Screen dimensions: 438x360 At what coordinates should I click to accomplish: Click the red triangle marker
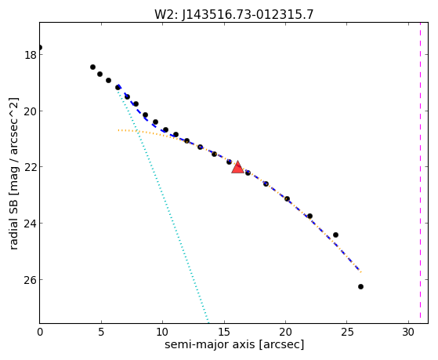(237, 168)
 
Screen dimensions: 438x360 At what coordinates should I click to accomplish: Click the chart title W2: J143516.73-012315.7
(234, 14)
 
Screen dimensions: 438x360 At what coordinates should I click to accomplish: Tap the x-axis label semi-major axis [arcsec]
(234, 344)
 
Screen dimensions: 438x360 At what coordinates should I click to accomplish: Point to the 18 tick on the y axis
(31, 55)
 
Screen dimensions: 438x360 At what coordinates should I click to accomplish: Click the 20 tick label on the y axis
(31, 111)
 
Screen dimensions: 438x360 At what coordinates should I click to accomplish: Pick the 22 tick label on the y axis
(31, 167)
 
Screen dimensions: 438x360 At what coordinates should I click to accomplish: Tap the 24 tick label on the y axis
(31, 224)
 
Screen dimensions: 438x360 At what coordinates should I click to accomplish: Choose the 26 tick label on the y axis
(31, 280)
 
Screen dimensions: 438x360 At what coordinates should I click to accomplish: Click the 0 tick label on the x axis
(40, 333)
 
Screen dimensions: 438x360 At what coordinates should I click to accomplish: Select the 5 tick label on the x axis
(101, 333)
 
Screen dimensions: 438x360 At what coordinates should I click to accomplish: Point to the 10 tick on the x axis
(162, 333)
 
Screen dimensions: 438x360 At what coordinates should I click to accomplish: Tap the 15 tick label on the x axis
(224, 333)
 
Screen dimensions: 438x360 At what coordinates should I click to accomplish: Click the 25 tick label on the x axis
(346, 333)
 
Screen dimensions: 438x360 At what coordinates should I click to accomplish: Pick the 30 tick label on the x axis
(408, 333)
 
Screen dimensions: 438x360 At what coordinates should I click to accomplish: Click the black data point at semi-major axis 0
(40, 47)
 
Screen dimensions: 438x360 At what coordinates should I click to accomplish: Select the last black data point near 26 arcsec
(360, 287)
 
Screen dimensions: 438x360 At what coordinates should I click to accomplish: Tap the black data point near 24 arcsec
(336, 235)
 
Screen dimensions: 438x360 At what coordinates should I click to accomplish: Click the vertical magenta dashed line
(420, 173)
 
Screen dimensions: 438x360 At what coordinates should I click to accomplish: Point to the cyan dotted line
(163, 203)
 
